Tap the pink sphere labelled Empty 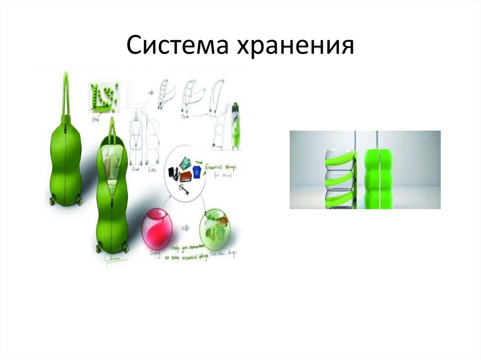(156, 228)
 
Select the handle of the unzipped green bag (113, 131)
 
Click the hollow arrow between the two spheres (185, 228)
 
